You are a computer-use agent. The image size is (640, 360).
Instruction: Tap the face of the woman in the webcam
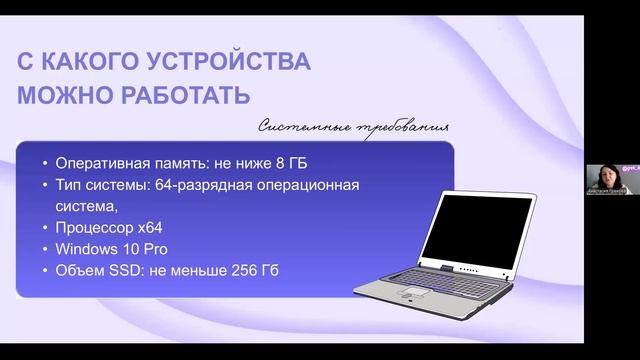point(607,171)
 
